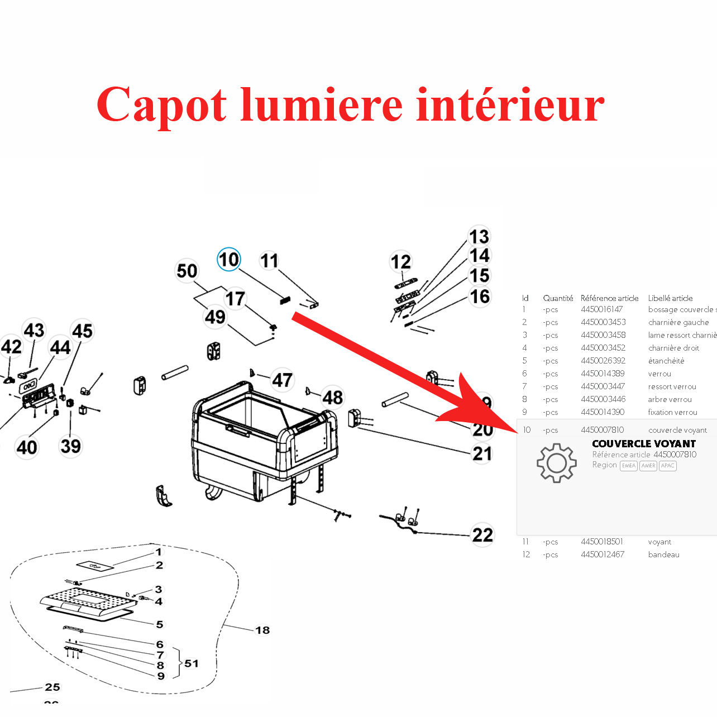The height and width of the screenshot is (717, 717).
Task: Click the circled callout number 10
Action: tap(228, 260)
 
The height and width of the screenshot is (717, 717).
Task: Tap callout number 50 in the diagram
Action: tap(187, 271)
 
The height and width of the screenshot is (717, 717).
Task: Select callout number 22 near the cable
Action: tap(482, 535)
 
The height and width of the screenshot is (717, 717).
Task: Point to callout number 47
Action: tap(282, 380)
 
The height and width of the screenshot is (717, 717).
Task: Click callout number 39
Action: tap(71, 446)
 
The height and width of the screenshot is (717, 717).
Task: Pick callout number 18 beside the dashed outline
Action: tap(262, 630)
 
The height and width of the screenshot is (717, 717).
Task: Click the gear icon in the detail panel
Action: tap(556, 463)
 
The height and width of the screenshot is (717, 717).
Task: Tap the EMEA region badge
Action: tap(629, 466)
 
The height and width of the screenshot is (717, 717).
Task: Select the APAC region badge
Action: tap(668, 466)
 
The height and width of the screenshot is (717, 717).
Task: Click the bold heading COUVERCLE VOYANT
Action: tap(644, 444)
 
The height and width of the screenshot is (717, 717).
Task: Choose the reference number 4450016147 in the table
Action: tap(601, 309)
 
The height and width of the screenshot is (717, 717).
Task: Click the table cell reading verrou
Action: tap(659, 374)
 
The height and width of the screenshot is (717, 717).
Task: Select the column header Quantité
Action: tap(558, 298)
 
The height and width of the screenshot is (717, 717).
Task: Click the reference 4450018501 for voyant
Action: tap(601, 542)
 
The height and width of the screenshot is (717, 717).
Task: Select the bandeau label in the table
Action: tap(663, 555)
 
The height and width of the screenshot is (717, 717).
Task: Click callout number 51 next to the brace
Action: tap(192, 663)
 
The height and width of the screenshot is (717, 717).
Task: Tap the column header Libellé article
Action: tap(670, 298)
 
